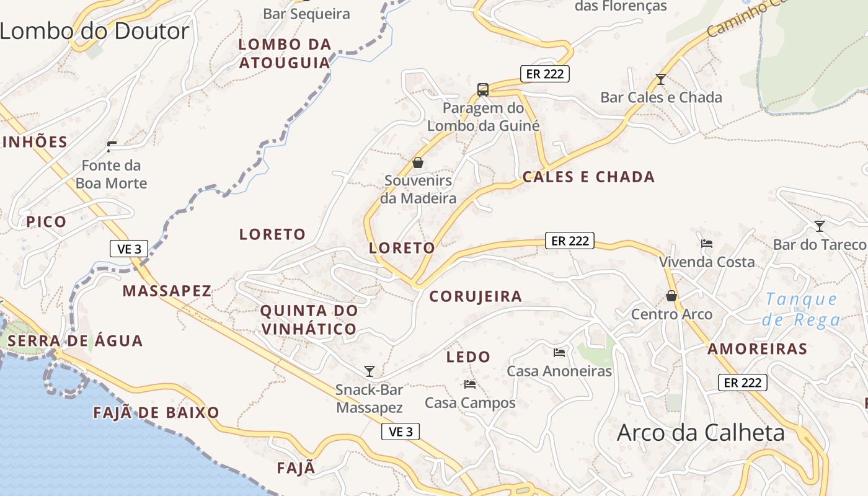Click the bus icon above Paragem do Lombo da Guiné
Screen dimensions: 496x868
pos(483,90)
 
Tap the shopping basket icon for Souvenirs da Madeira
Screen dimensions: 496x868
pos(418,162)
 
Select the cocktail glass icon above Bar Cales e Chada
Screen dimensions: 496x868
pos(661,79)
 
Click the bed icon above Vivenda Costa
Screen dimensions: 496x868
pos(706,244)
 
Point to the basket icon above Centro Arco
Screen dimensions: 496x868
pos(671,296)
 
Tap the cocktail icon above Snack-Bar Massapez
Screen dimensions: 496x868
pos(370,371)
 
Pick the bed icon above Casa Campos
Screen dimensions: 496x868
pos(469,384)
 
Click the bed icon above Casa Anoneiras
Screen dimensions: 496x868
pos(559,353)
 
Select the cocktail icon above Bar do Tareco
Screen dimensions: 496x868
pos(820,226)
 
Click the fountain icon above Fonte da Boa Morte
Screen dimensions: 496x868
pos(112,147)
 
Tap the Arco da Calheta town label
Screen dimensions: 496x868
pos(701,433)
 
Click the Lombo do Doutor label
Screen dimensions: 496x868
pos(94,31)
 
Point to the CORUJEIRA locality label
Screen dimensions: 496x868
pos(476,296)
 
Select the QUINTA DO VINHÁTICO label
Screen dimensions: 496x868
pos(309,319)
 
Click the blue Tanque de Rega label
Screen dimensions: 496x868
pos(801,309)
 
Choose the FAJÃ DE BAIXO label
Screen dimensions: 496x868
pos(156,413)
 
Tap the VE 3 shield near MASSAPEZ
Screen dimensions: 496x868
pos(129,249)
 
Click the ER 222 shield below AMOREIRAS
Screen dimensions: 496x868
pos(742,383)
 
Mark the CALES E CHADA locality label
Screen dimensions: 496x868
pos(588,177)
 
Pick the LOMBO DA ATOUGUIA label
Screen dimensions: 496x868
pos(285,53)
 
